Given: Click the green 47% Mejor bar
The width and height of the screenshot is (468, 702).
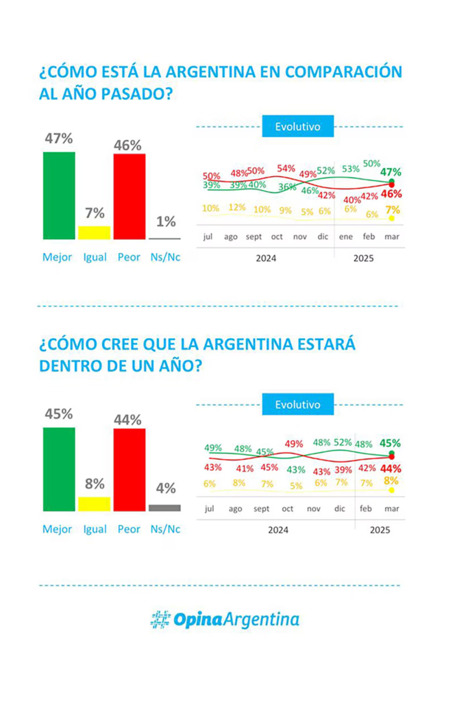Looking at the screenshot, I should click(x=59, y=195).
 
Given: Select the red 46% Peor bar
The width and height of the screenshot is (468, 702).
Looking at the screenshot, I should click(x=129, y=197).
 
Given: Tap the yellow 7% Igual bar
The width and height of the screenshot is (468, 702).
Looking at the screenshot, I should click(x=94, y=232).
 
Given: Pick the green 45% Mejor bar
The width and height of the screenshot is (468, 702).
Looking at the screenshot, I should click(x=59, y=469).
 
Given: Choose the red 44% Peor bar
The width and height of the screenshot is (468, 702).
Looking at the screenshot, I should click(x=129, y=470).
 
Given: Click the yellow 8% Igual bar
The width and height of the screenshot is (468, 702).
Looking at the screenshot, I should click(x=94, y=504).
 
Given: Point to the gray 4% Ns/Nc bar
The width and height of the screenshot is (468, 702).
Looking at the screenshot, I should click(x=164, y=508).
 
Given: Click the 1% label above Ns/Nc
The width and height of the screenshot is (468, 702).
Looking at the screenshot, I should click(x=165, y=221).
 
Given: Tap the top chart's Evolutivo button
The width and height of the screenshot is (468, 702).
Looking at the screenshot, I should click(x=297, y=127).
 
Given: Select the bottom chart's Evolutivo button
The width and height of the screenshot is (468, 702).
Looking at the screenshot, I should click(x=297, y=404).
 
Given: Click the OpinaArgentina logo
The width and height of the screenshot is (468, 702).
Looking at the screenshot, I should click(x=225, y=620).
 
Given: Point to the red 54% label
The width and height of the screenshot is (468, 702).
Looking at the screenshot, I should click(x=286, y=168).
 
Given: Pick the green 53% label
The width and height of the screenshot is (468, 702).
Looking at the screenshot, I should click(x=351, y=168).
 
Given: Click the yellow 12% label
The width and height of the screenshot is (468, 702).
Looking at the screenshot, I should click(x=237, y=207).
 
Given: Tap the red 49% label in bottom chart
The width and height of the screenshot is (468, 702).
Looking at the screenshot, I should click(x=294, y=444).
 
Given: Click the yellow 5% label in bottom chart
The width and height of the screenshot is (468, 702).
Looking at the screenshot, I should click(x=295, y=485).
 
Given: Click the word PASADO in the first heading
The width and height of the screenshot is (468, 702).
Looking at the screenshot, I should click(x=135, y=93).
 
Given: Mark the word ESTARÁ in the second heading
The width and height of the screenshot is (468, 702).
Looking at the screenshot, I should click(x=323, y=343).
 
